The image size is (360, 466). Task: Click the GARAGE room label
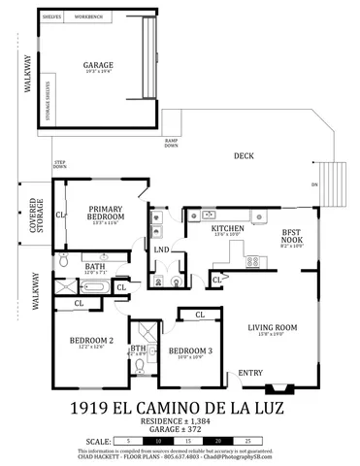98,65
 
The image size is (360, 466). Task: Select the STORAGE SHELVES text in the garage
48,98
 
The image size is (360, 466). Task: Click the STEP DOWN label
60,164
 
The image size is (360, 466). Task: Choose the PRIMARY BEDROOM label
105,213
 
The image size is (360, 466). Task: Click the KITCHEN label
228,230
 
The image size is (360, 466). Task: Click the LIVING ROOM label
272,327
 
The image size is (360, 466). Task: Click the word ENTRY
250,372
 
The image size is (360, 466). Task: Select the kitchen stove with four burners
253,260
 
